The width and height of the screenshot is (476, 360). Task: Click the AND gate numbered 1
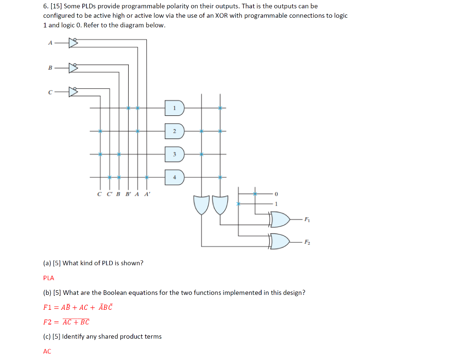click(175, 108)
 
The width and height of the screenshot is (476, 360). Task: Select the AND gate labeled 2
click(175, 131)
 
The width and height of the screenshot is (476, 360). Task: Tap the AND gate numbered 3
click(175, 154)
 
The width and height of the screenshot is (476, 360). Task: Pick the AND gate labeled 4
click(175, 177)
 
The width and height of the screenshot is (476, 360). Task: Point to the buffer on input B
click(73, 68)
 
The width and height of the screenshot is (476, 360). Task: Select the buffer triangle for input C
click(73, 92)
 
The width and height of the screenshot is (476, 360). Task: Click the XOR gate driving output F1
click(280, 219)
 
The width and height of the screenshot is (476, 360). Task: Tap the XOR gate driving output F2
click(280, 241)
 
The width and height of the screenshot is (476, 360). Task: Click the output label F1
click(307, 219)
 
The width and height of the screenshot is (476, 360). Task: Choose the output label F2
click(307, 242)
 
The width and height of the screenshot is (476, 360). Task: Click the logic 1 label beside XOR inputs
click(276, 204)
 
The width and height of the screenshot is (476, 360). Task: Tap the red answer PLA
click(48, 278)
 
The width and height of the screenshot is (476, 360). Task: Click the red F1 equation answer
click(78, 307)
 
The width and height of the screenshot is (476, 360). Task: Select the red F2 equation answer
click(66, 322)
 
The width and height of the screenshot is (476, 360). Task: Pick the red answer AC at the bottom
click(47, 352)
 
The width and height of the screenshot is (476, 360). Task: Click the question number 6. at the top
click(46, 6)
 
